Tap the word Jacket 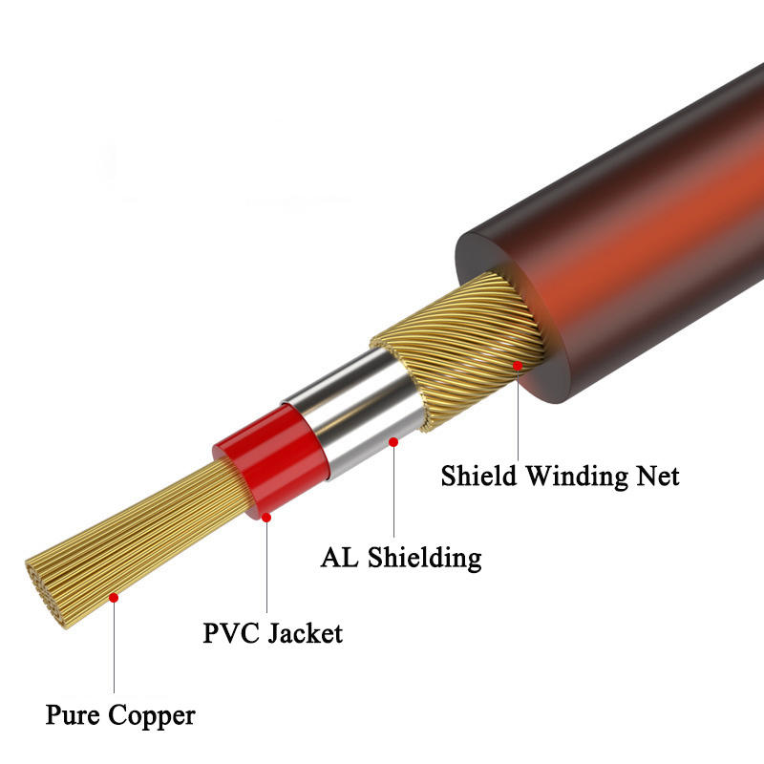[306, 632]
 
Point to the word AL [339, 557]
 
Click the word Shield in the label [484, 475]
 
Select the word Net [658, 475]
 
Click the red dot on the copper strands [114, 598]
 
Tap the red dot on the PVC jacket [266, 517]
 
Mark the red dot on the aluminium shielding [393, 441]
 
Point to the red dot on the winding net [518, 365]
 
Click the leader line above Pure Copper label [114, 649]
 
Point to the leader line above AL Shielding [393, 492]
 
